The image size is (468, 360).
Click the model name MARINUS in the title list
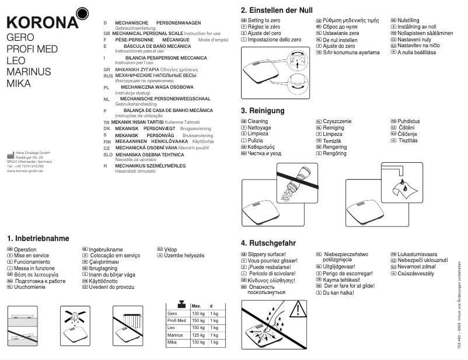(x=29, y=71)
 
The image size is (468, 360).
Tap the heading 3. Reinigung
(x=263, y=110)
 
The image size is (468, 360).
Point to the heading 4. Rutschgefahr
(x=268, y=243)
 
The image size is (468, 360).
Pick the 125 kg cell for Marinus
(x=198, y=335)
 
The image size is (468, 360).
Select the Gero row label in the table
(x=173, y=314)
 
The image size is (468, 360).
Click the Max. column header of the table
(x=196, y=306)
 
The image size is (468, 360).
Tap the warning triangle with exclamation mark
(x=298, y=309)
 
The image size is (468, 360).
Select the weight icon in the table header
(x=182, y=305)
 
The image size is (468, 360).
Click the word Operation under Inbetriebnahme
(x=25, y=249)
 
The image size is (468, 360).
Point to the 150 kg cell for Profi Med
(x=198, y=321)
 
